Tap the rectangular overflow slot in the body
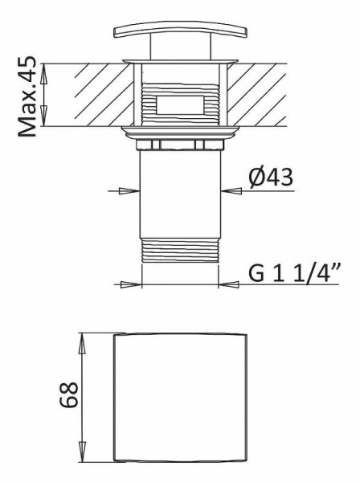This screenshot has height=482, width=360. (181, 104)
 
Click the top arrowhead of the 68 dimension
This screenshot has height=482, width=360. (81, 338)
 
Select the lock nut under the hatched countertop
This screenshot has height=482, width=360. (181, 144)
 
